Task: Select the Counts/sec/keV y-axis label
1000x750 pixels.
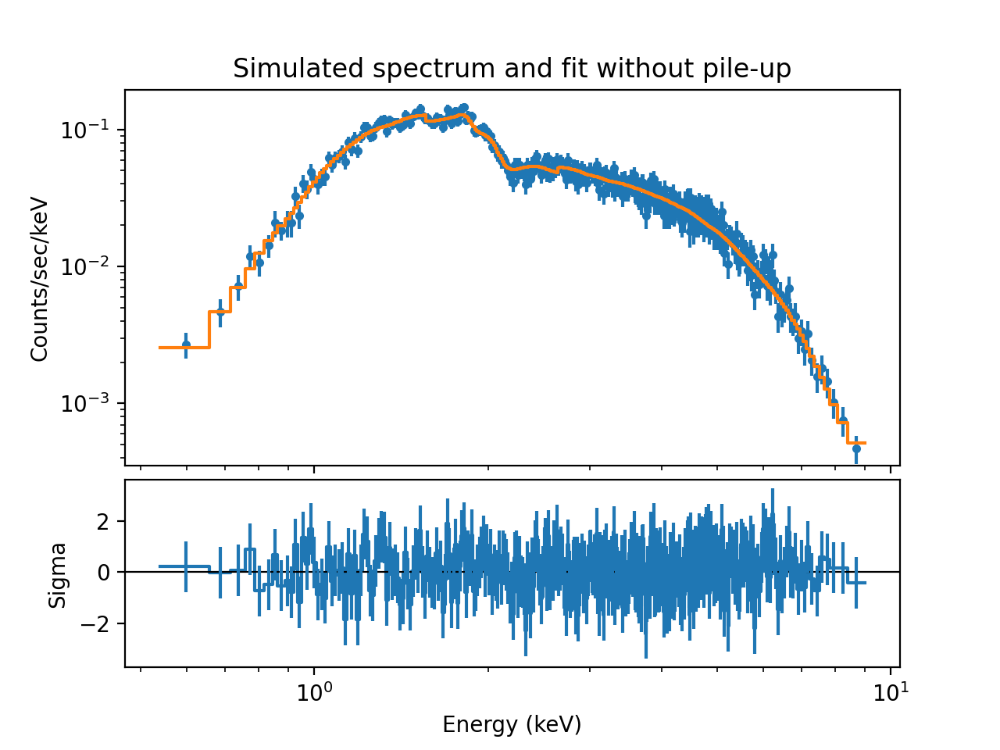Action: point(40,279)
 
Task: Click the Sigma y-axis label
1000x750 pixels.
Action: point(58,574)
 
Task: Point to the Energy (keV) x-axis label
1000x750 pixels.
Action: point(512,725)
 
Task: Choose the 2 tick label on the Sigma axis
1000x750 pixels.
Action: point(104,521)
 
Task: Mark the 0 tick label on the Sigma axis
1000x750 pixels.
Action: point(104,573)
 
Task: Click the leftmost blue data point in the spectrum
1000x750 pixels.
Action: point(186,345)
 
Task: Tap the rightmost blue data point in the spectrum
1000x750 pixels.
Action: point(856,448)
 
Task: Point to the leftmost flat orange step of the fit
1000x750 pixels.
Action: point(184,347)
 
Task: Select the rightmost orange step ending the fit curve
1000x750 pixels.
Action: point(857,443)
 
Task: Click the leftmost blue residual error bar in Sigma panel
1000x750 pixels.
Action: point(186,566)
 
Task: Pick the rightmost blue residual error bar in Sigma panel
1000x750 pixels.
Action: point(856,583)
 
